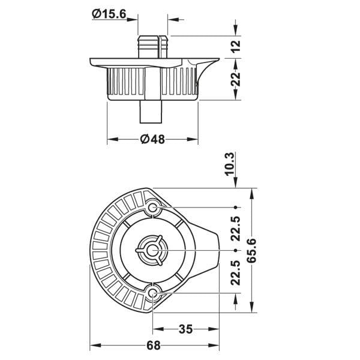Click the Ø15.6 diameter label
pos(109,14)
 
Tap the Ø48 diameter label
pos(152,139)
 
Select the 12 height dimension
pos(236,47)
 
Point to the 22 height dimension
pos(236,79)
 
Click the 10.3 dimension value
pos(230,164)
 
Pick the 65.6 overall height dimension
pos(252,250)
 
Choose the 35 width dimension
pos(185,329)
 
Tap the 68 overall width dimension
pos(153,345)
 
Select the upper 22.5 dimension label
pos(236,229)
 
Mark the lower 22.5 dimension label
pos(236,272)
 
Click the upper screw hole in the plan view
pos(152,208)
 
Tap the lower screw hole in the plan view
pos(152,293)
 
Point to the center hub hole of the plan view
pos(152,250)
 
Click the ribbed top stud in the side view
pos(152,47)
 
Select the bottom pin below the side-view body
pos(151,112)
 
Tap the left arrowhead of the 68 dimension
pos(95,345)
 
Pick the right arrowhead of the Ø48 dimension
pos(193,139)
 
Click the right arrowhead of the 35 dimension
pos(214,329)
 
